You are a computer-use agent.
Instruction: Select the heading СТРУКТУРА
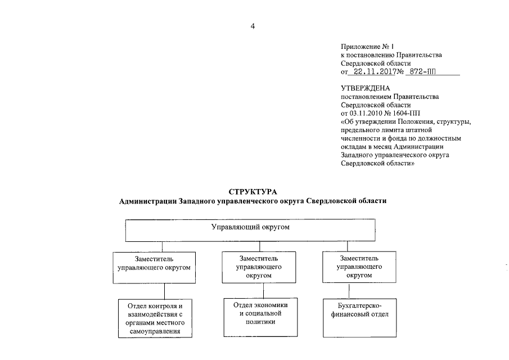[x=254, y=192]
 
